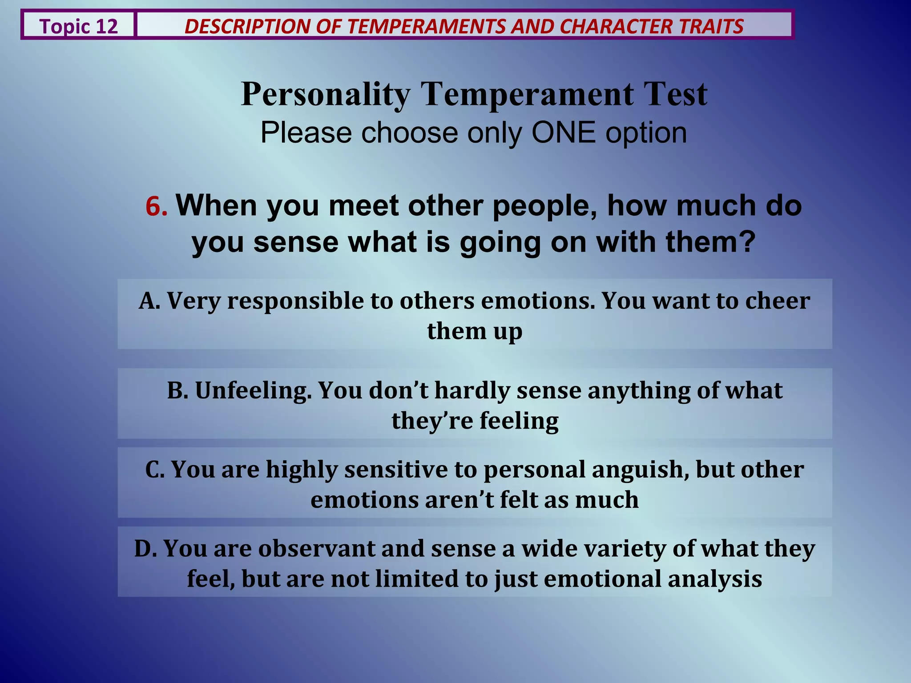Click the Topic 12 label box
click(78, 26)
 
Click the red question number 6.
click(156, 207)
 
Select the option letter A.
click(149, 301)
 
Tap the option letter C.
click(154, 470)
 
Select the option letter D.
click(145, 549)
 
